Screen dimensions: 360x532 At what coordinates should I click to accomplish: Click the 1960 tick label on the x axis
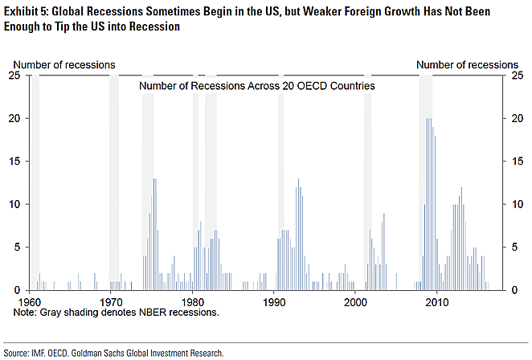(29, 301)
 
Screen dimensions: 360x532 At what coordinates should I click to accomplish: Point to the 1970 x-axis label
(110, 301)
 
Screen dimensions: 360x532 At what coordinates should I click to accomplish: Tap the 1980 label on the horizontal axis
(193, 301)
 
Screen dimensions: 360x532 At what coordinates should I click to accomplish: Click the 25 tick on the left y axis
(14, 76)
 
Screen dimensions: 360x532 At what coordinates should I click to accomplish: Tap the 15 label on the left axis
(14, 162)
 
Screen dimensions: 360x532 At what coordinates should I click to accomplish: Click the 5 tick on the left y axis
(18, 247)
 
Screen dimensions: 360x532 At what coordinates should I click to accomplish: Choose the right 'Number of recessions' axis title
(467, 64)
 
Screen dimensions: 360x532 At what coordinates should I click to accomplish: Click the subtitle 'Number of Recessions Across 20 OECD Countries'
(257, 85)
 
